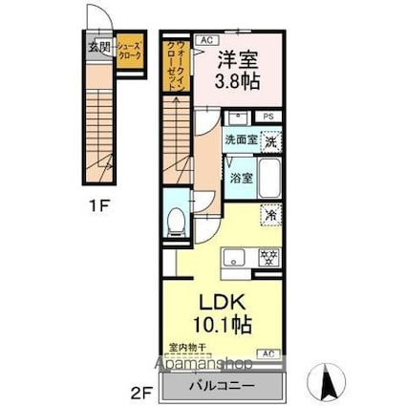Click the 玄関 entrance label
pos(98,46)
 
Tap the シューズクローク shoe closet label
pos(132,52)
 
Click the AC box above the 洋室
pos(204,40)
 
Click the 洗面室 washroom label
pos(241,140)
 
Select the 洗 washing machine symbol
pos(271,141)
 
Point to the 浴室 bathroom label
pos(241,178)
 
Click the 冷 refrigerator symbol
pos(270,216)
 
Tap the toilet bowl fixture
pos(175,222)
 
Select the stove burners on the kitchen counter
pos(269,256)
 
